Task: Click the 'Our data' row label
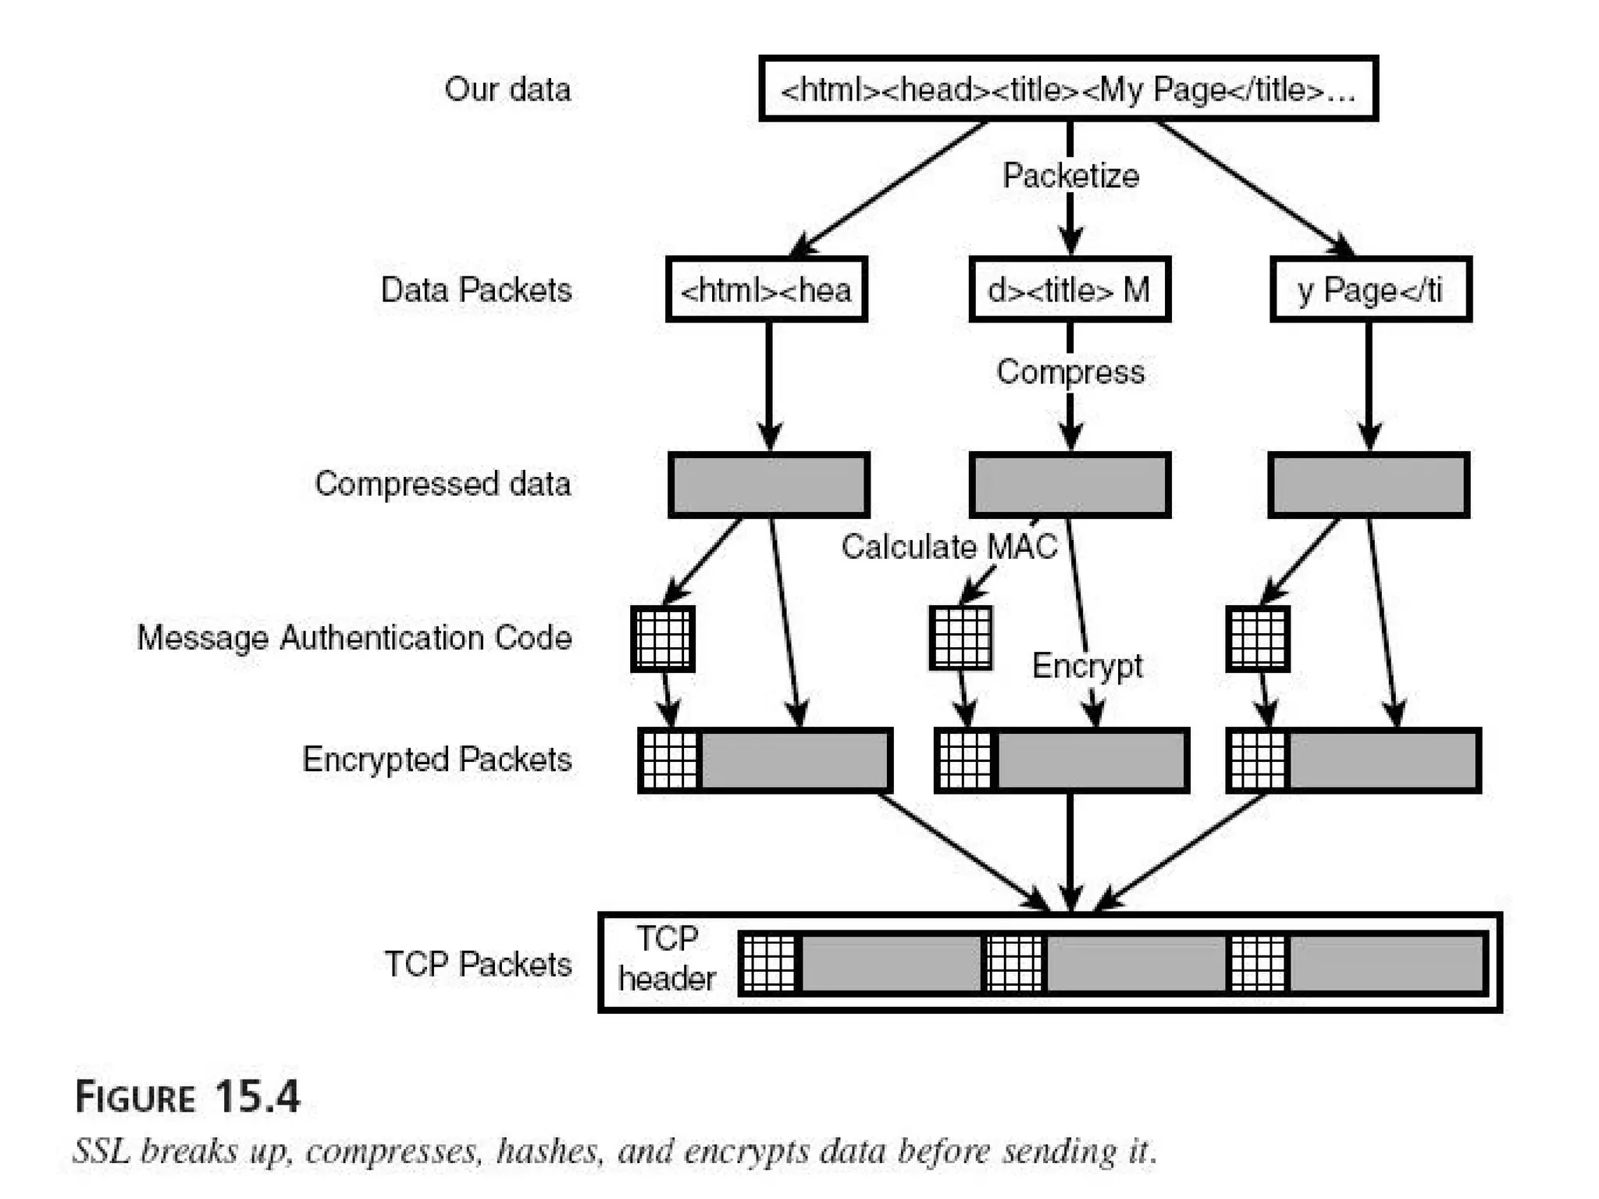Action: tap(507, 89)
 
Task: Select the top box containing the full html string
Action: tap(1067, 89)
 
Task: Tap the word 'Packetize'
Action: tap(1070, 176)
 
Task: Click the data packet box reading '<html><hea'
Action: tap(766, 290)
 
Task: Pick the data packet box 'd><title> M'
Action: tap(1069, 290)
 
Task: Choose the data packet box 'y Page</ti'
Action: tap(1370, 290)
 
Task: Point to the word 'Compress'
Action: tap(1070, 372)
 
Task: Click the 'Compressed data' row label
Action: tap(443, 484)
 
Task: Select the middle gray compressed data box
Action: tap(1069, 485)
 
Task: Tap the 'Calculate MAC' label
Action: tap(949, 546)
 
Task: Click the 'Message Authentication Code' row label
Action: tap(354, 638)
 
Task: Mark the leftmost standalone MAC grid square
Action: tap(663, 639)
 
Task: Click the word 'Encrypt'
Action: tap(1087, 666)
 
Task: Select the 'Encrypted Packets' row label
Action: tap(436, 760)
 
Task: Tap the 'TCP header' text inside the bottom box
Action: tap(666, 959)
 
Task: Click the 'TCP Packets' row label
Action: tap(478, 964)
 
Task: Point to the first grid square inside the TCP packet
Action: tap(768, 963)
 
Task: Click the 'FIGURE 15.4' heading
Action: tap(187, 1097)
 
